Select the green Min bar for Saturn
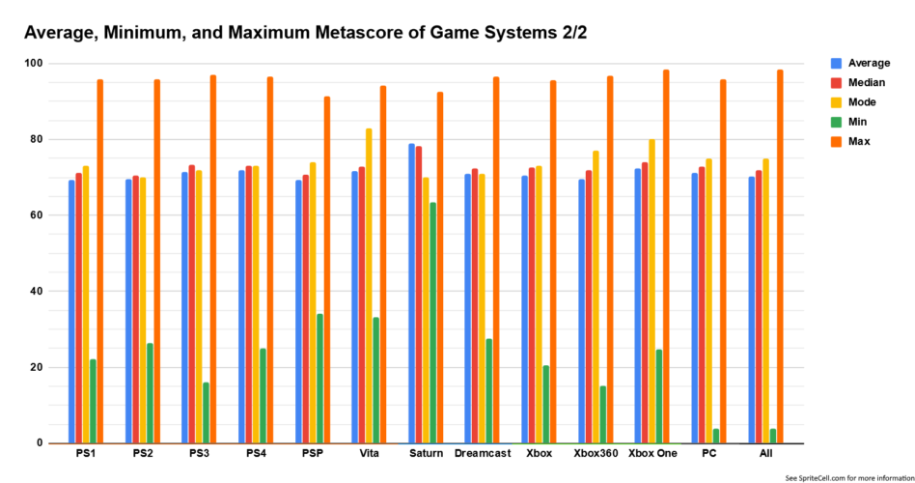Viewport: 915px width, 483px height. pos(432,323)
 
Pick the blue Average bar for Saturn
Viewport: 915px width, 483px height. pos(411,294)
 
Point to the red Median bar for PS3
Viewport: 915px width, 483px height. pos(192,304)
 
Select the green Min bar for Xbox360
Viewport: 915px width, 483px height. pos(603,414)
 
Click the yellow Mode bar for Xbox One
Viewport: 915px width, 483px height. pos(652,291)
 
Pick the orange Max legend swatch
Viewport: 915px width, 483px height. pos(837,141)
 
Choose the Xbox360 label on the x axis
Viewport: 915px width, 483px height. pos(596,453)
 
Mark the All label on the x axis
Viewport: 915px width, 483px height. pos(766,453)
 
